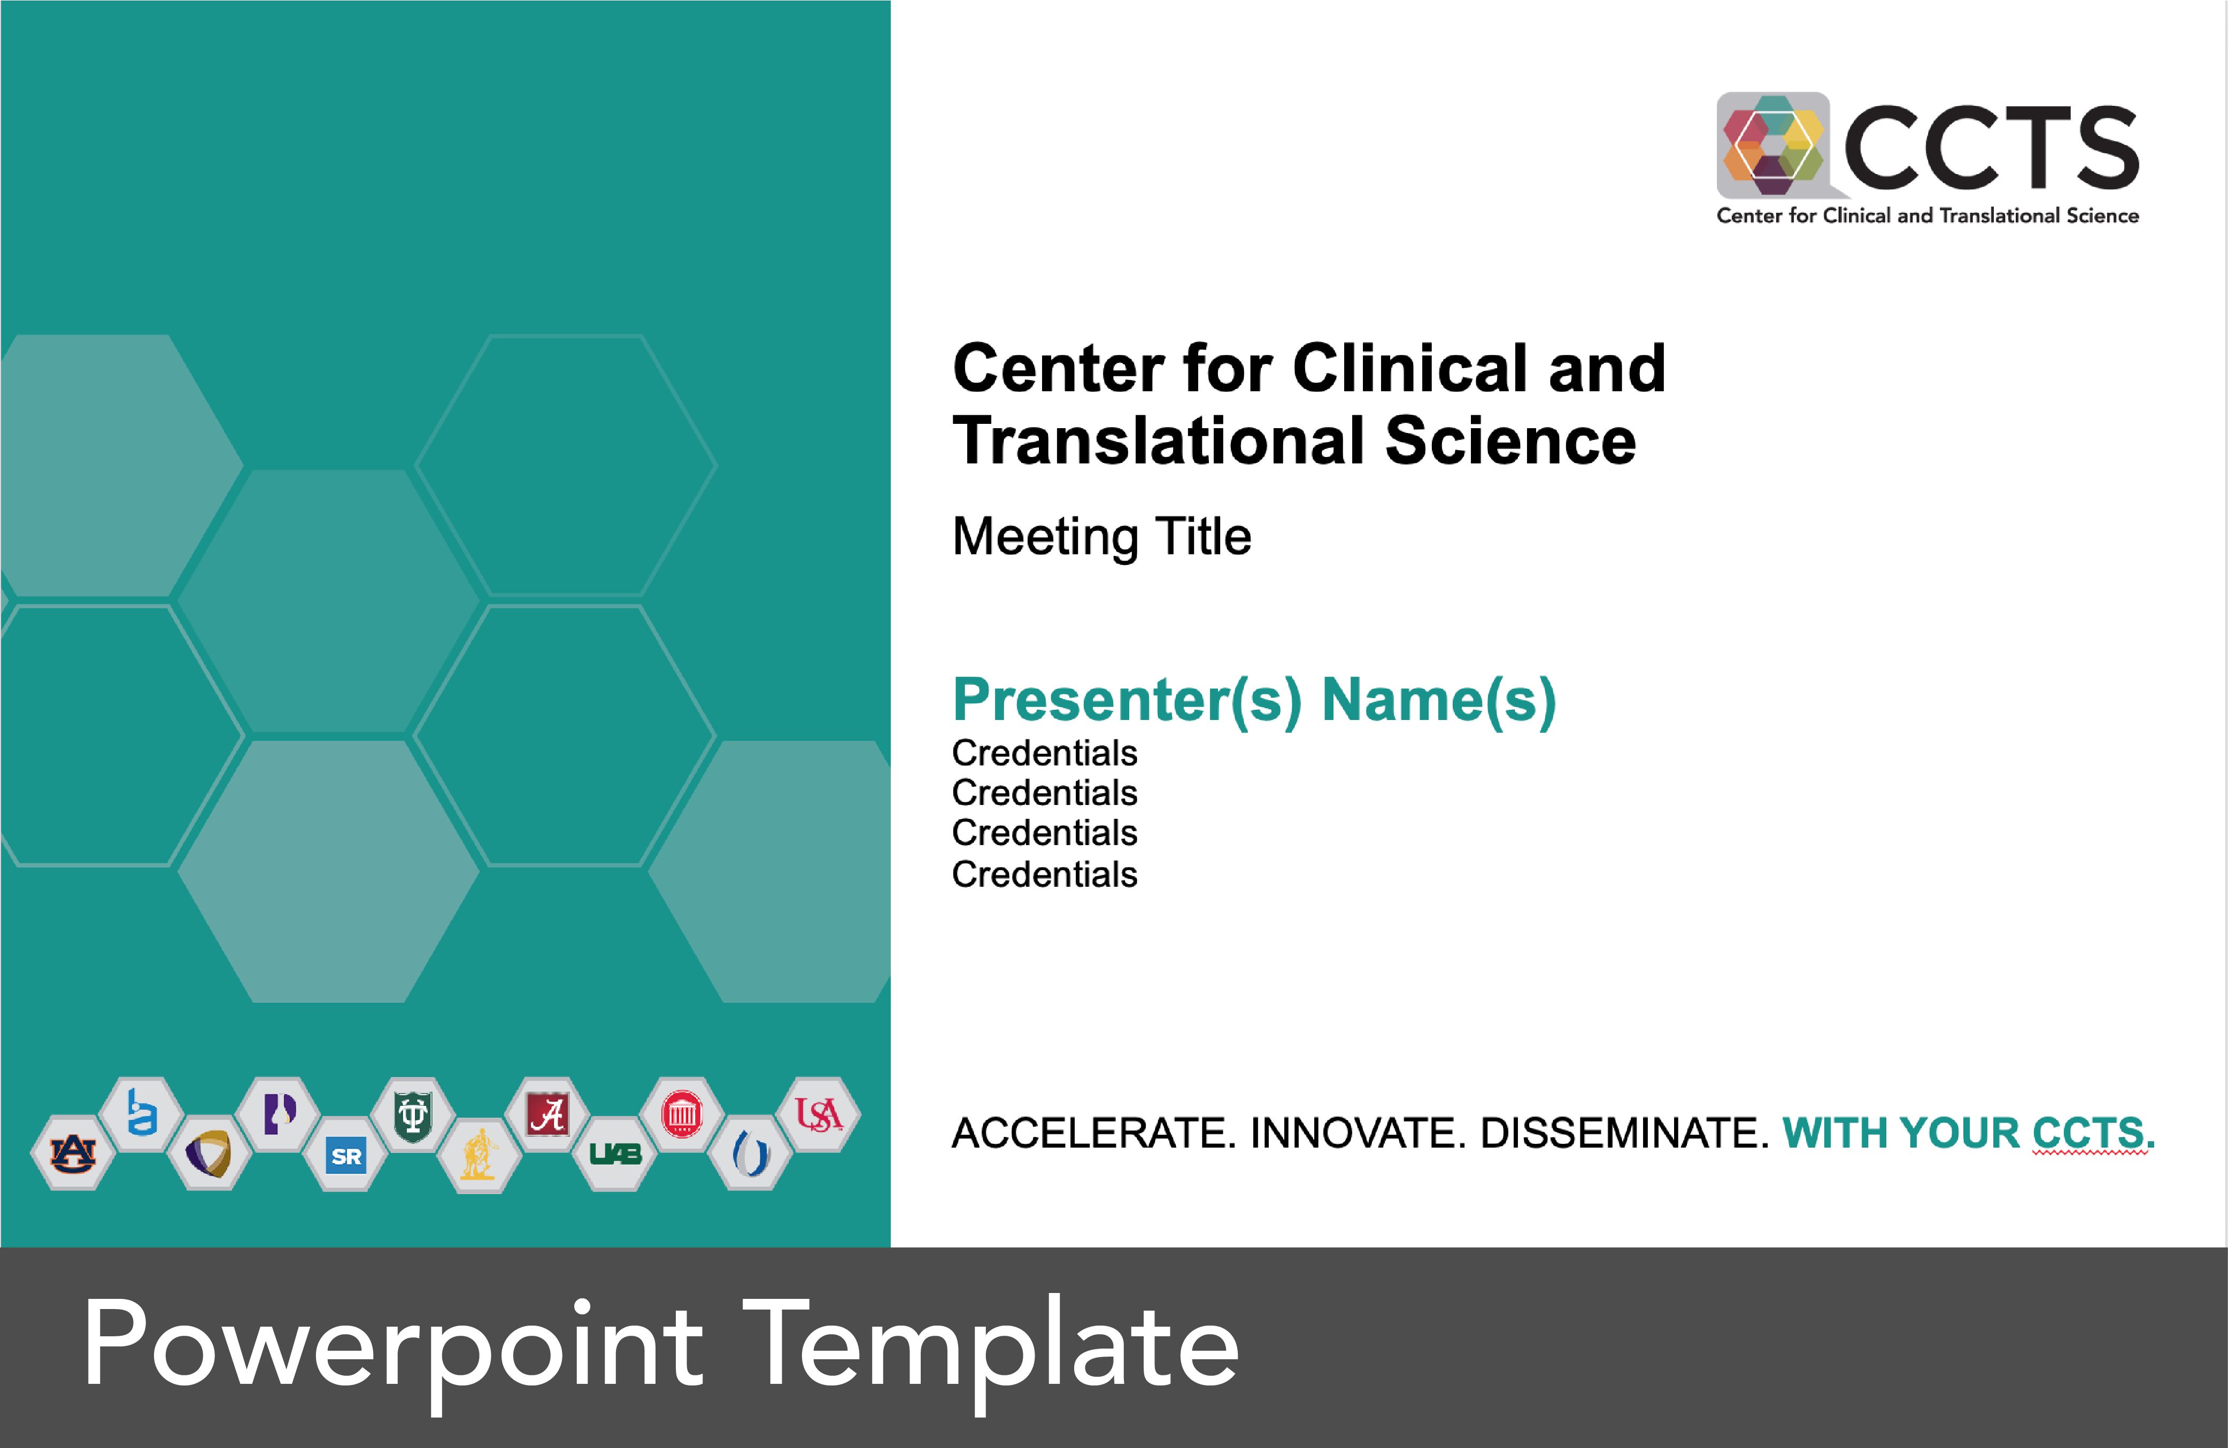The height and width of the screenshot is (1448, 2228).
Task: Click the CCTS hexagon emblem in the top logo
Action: pyautogui.click(x=1772, y=145)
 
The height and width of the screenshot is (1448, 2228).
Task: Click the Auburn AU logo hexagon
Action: pyautogui.click(x=73, y=1153)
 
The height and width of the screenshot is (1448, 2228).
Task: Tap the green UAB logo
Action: pyautogui.click(x=615, y=1154)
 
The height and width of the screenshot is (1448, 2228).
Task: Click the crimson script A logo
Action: pyautogui.click(x=548, y=1114)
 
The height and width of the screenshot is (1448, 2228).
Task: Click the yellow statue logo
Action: pyautogui.click(x=479, y=1155)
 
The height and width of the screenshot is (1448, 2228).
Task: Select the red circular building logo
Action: pyautogui.click(x=682, y=1114)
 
